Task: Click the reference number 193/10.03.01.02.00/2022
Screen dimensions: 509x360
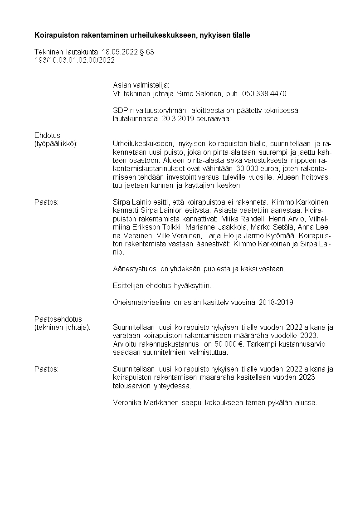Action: [74, 60]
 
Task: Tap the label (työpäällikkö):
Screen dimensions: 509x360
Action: [56, 143]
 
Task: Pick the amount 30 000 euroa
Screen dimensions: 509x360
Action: [257, 168]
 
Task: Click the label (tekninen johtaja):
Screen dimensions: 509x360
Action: [62, 327]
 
